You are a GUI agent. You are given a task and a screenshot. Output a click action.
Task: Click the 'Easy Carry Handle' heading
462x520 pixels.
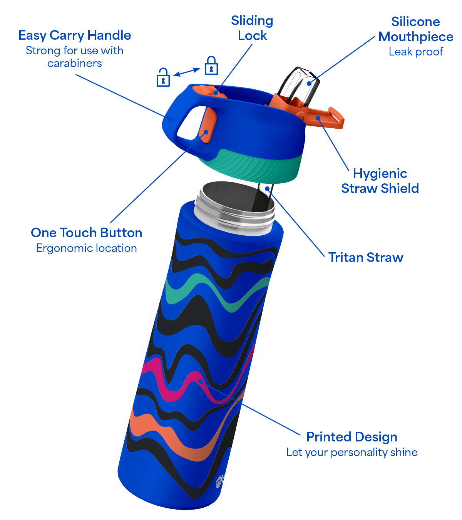75,35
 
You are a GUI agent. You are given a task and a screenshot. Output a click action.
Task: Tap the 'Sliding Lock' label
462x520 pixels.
252,28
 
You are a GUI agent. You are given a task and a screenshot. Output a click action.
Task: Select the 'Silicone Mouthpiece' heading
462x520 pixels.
416,29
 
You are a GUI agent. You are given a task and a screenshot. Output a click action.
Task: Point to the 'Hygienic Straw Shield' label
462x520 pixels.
380,181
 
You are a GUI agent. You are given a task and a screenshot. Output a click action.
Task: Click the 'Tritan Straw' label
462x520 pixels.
366,257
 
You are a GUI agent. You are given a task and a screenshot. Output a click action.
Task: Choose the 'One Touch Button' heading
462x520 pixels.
87,233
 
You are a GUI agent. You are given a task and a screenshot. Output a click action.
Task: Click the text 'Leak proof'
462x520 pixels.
416,52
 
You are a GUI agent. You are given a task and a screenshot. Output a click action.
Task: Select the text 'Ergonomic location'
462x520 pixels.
87,248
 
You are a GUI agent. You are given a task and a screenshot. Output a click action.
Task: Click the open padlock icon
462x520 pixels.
163,77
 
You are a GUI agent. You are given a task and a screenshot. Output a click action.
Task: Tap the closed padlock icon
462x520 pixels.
211,65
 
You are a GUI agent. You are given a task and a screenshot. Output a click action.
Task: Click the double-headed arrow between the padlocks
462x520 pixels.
187,72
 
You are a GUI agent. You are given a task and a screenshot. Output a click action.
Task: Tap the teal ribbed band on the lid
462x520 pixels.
251,166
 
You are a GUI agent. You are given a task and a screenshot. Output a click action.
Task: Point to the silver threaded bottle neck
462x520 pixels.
234,209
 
